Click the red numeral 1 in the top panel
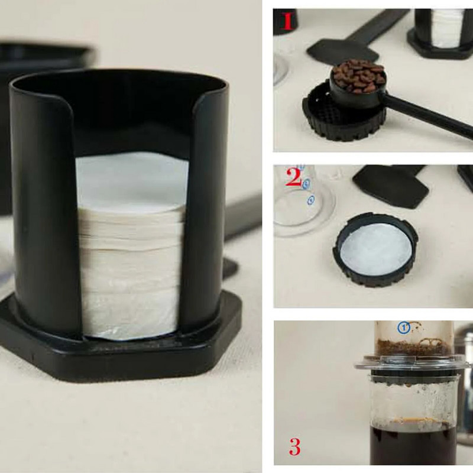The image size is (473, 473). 287,22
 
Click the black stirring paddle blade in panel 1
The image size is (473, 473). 335,50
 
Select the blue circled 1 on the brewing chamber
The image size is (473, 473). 404,327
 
